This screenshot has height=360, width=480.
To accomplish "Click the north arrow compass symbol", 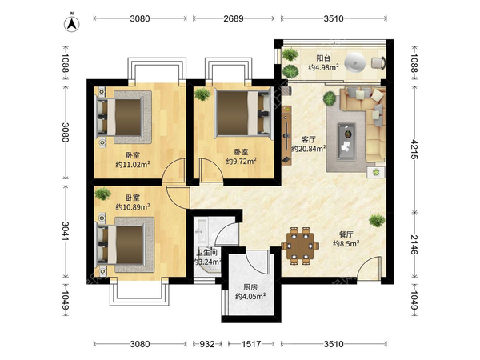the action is coord(72,23).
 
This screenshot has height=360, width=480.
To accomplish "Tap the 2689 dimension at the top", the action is coord(234,18).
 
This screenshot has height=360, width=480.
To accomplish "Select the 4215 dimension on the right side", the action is coord(414,150).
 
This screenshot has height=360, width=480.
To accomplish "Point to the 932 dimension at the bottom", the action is coord(207,344).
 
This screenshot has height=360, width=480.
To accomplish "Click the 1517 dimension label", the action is coord(251,344).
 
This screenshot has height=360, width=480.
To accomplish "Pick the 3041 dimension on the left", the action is coord(66,231).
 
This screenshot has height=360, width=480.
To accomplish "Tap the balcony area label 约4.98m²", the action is coord(323,67).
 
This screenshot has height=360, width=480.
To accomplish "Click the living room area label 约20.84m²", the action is coord(308,149).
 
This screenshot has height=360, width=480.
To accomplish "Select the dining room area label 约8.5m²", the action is coord(346,244).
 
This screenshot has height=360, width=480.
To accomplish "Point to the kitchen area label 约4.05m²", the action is coord(250,296).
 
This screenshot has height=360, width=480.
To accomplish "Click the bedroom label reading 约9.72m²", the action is coord(242,161).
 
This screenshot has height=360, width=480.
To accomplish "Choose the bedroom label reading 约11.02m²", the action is coord(133,165).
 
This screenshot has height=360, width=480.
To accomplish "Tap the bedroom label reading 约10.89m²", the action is coord(133,207).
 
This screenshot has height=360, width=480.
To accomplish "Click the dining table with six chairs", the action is coord(300,246).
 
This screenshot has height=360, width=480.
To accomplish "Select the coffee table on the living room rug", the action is coord(346,142).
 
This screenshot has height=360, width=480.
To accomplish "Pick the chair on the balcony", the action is coord(378,62).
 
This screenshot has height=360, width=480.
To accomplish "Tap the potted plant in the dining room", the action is coord(377,221).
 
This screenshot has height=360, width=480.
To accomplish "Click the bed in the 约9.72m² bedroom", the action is coord(244,114).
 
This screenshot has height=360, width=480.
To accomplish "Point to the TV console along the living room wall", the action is coord(286,135).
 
